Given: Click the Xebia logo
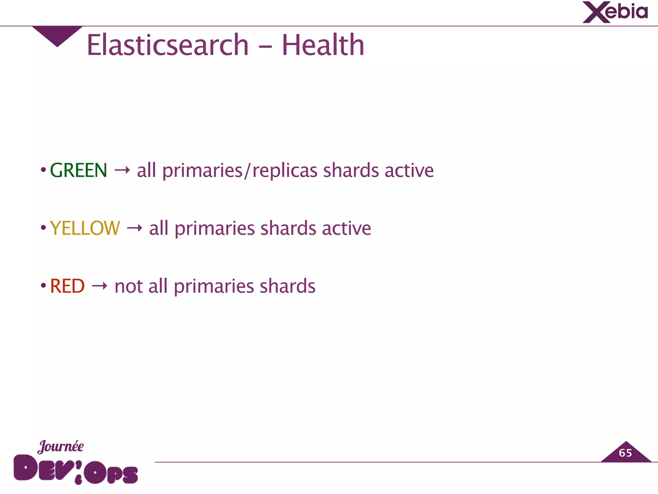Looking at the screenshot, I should tap(615, 12).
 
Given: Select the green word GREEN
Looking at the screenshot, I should tap(78, 170).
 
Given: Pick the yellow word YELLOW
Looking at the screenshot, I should tap(85, 228).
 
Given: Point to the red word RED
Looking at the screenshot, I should tap(67, 286).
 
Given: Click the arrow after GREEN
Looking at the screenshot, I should tap(122, 170).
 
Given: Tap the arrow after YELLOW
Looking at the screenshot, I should tap(134, 228).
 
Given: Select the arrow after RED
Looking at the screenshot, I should tap(99, 286).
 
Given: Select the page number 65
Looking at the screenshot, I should tap(625, 453).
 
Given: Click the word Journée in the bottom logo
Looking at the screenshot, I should tap(60, 447).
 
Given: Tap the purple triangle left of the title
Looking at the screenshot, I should tap(57, 34).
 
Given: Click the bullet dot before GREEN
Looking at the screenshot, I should tap(43, 170).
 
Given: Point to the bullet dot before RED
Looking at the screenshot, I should tap(43, 286).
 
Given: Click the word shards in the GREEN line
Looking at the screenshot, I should tap(351, 170).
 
